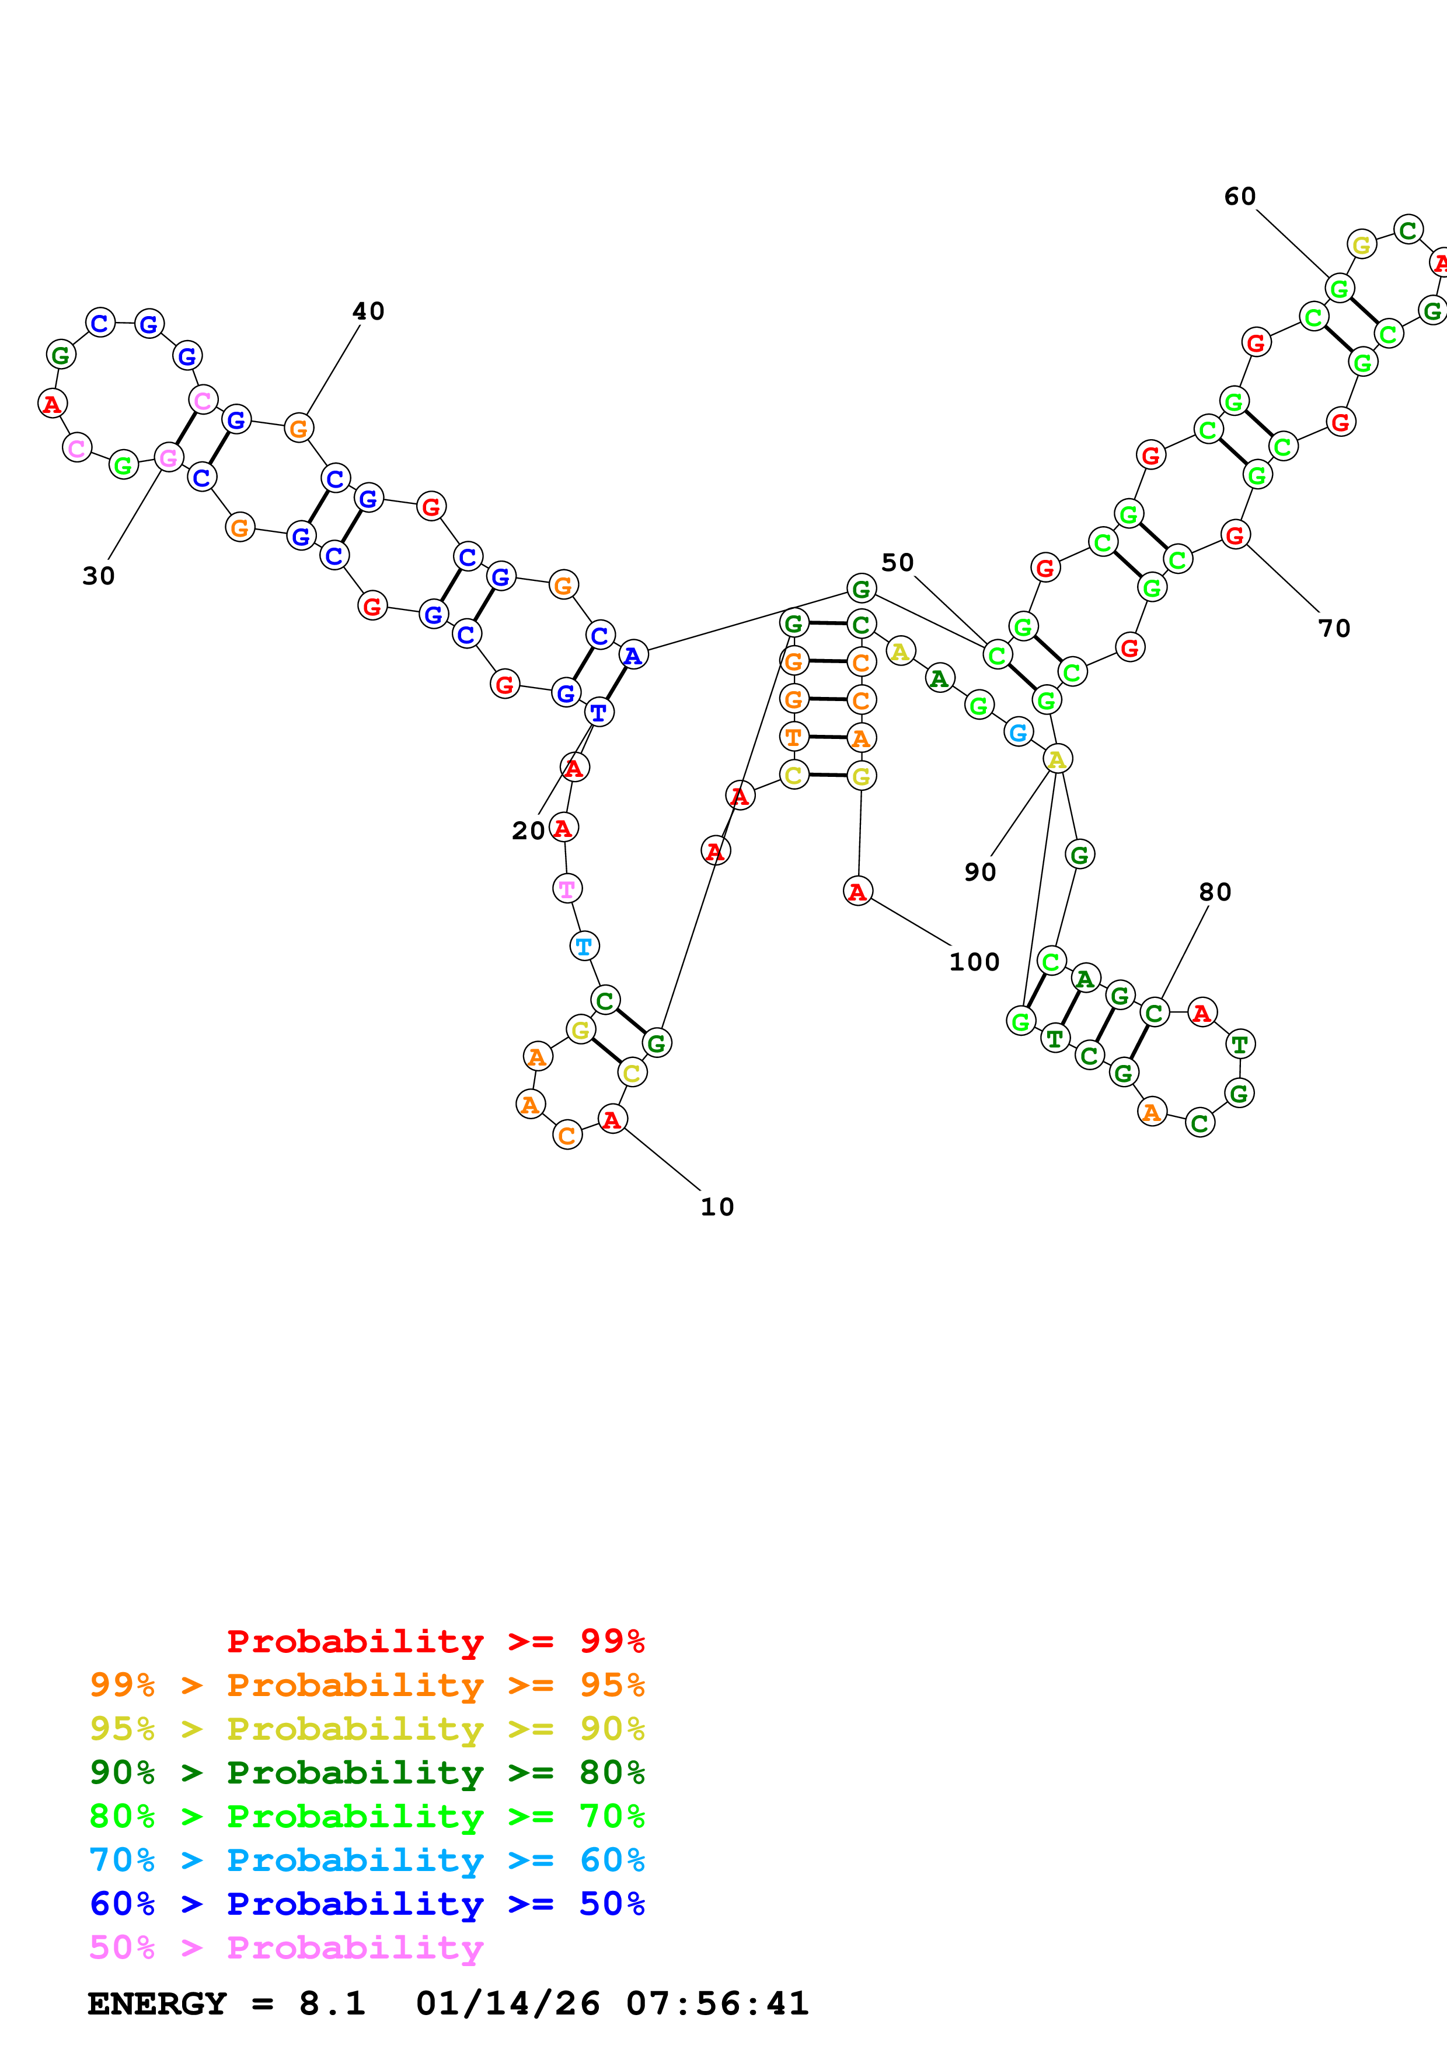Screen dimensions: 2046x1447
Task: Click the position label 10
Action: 717,1207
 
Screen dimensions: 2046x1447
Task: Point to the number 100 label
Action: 974,962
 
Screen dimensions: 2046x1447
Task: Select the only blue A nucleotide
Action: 633,656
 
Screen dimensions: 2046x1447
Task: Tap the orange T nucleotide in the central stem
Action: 793,737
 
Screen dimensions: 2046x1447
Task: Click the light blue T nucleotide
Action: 584,947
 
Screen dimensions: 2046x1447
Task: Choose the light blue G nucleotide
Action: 1018,733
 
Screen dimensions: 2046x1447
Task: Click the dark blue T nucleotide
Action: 599,713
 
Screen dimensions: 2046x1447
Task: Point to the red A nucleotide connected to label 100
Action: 857,891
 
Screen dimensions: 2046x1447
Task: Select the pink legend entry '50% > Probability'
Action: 285,1948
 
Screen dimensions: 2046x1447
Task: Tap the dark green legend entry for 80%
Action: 367,1772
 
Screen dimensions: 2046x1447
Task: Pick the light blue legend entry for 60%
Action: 367,1861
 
